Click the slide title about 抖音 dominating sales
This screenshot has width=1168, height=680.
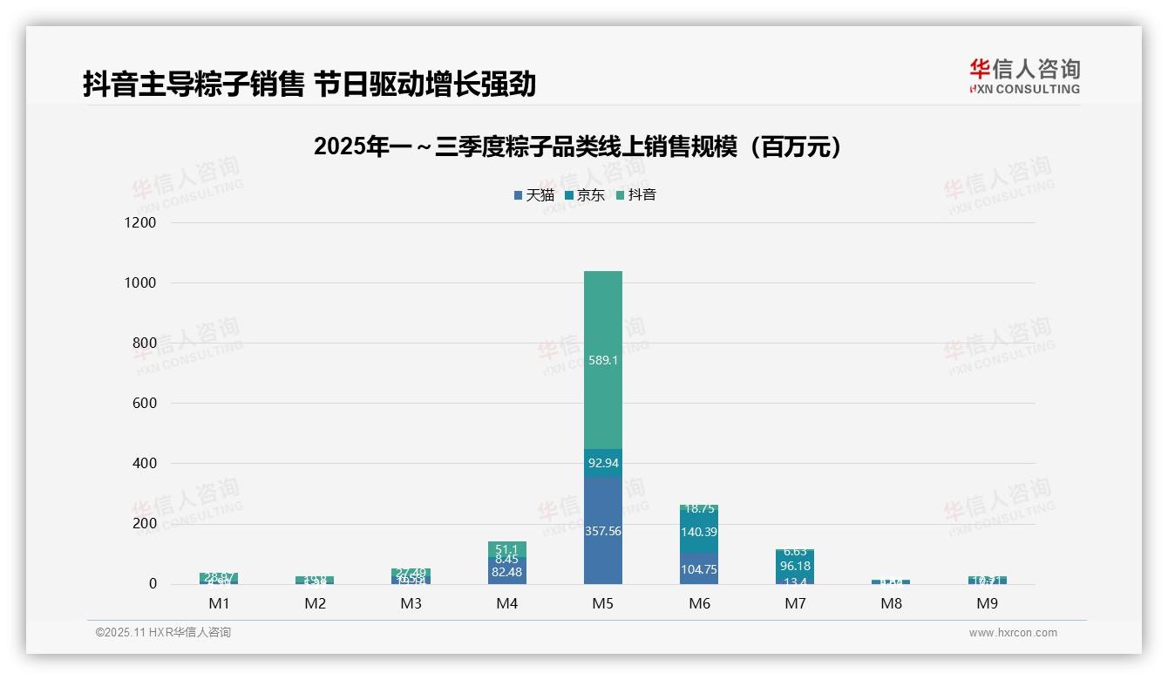[x=309, y=85]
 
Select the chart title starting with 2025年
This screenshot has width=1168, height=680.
[x=579, y=146]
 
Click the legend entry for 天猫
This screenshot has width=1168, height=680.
[x=534, y=195]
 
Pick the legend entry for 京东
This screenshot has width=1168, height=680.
[x=585, y=195]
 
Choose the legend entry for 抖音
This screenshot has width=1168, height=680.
[x=636, y=195]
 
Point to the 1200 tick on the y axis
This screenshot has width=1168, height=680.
[x=139, y=222]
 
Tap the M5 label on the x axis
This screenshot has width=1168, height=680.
[x=603, y=603]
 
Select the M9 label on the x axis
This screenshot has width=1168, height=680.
[x=987, y=603]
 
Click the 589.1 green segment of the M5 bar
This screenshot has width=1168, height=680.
[x=603, y=359]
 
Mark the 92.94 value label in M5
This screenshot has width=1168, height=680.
[x=603, y=463]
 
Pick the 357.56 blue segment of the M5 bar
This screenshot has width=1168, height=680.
[x=603, y=530]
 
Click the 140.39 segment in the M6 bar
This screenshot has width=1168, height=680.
[x=699, y=532]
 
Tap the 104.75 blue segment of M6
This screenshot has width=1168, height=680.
[x=699, y=568]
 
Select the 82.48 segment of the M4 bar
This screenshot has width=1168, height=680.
[x=507, y=572]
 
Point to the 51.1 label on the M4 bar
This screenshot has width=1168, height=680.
[x=507, y=549]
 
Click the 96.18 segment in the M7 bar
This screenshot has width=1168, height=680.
[x=795, y=566]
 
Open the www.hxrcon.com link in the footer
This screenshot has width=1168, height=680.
[x=1013, y=633]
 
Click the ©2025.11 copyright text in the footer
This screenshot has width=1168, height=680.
[x=163, y=633]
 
